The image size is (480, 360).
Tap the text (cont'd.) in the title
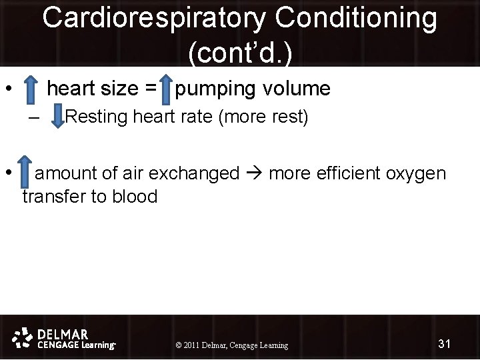pyautogui.click(x=240, y=52)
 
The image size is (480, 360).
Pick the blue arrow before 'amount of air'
pyautogui.click(x=25, y=173)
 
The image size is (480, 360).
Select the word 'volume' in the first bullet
pyautogui.click(x=300, y=89)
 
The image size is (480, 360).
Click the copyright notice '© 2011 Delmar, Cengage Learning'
pyautogui.click(x=231, y=345)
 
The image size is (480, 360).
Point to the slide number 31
pyautogui.click(x=445, y=344)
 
